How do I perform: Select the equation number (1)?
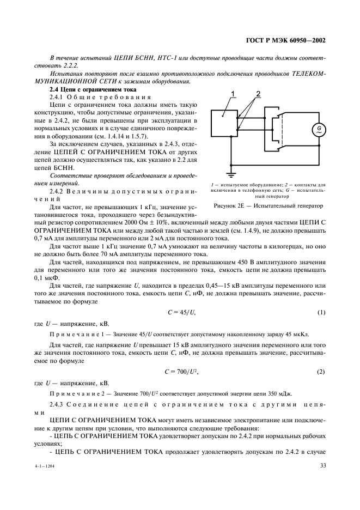click(321, 312)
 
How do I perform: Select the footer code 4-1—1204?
click(47, 467)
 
